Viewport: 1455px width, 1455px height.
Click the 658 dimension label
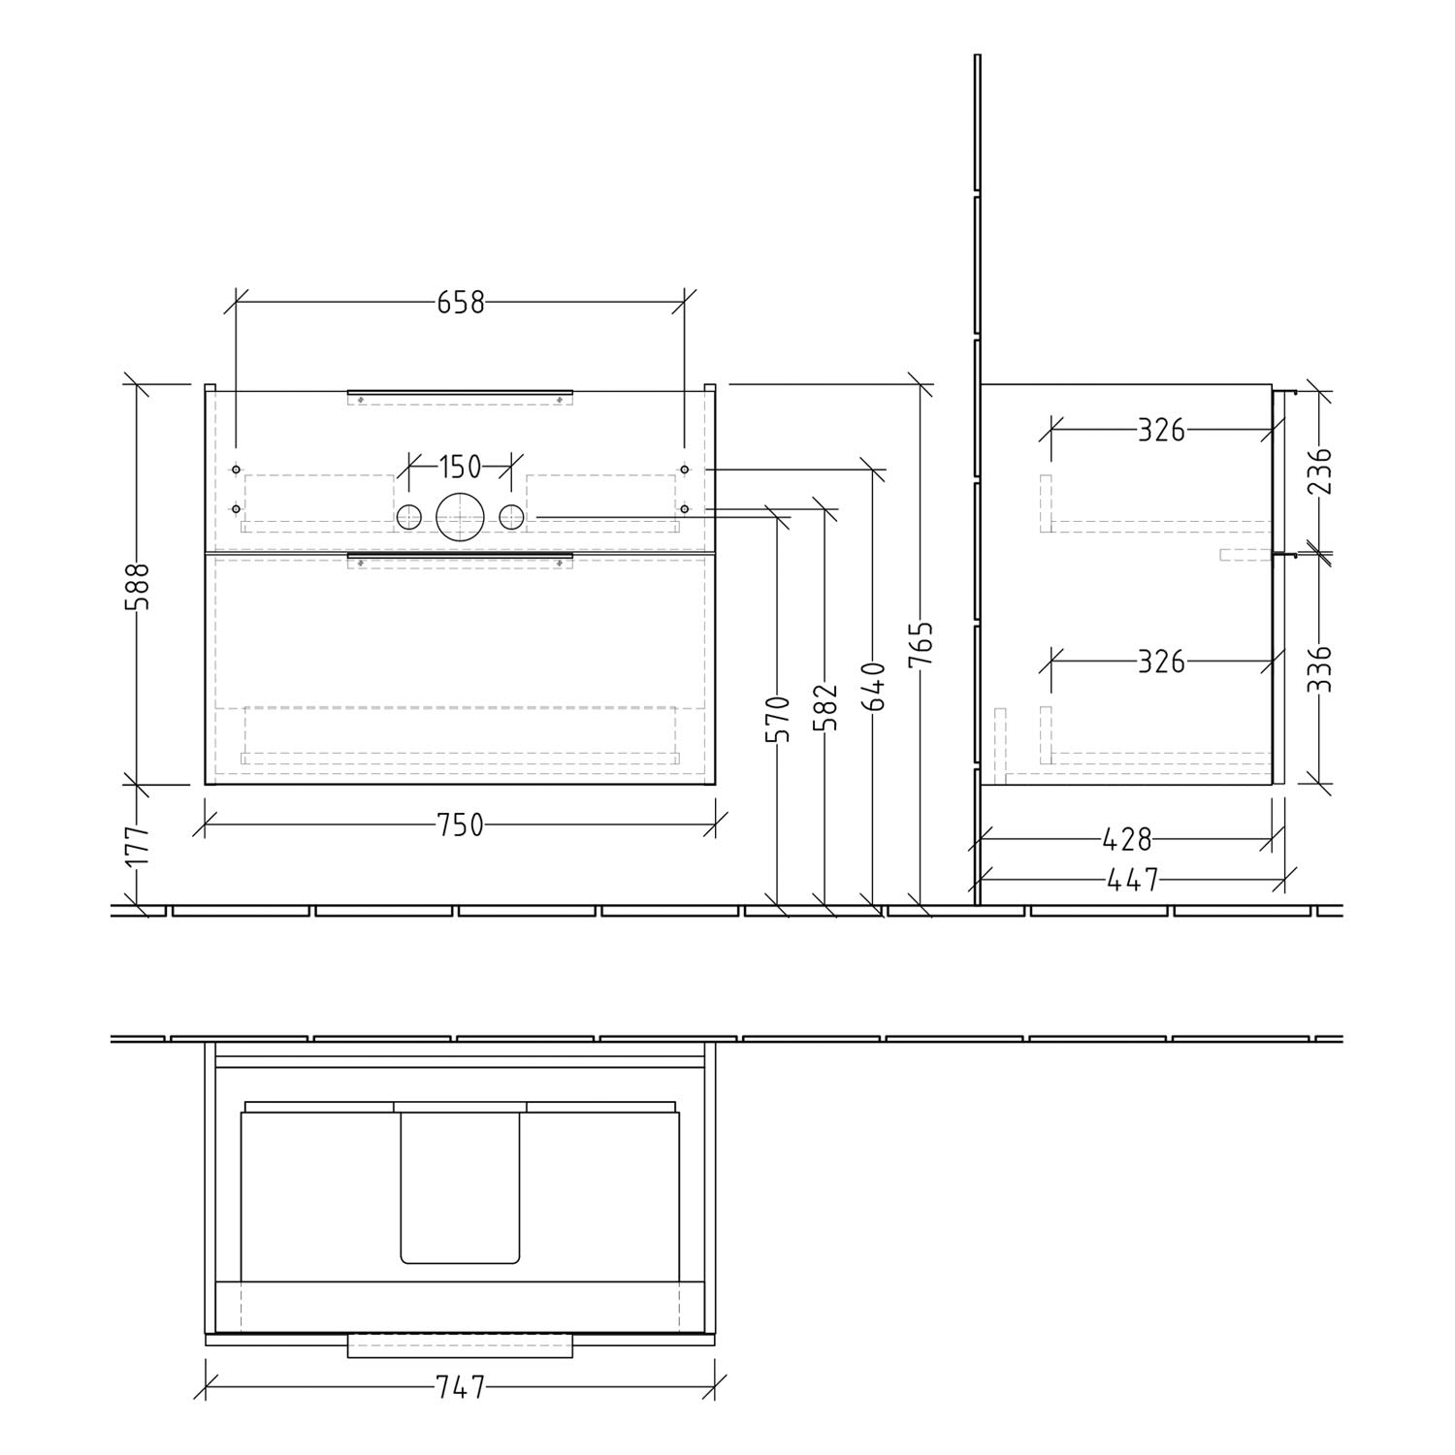(x=460, y=303)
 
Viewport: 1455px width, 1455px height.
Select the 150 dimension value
(x=460, y=467)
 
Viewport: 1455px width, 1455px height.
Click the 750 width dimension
(x=460, y=825)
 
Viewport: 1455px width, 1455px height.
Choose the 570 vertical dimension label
(x=780, y=719)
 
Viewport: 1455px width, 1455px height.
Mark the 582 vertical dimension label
(x=825, y=707)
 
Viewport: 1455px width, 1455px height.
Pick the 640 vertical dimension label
(x=873, y=687)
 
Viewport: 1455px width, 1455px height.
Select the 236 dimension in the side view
(x=1318, y=469)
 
